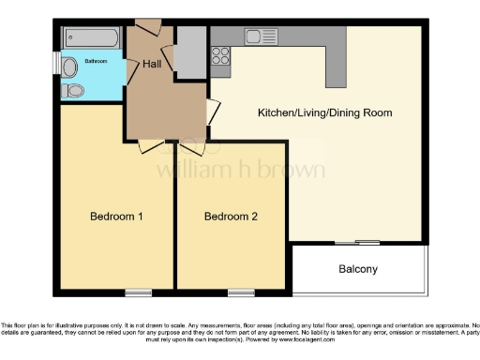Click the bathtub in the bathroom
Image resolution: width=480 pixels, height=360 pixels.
(90, 38)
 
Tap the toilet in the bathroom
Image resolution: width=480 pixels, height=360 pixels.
(74, 91)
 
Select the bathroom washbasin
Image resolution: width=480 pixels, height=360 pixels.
(70, 67)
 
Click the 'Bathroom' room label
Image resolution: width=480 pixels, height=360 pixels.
(97, 61)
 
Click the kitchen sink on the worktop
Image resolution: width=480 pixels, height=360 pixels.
(256, 37)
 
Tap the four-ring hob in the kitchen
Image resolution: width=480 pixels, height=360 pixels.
(220, 61)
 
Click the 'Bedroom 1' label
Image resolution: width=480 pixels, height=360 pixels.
(115, 217)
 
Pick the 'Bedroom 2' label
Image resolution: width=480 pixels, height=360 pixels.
(231, 217)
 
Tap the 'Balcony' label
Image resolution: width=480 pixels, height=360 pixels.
(358, 269)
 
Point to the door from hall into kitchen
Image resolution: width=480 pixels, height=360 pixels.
(214, 112)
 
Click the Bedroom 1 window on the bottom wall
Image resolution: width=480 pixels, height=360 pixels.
(138, 292)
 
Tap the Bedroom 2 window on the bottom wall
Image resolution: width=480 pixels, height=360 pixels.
(240, 292)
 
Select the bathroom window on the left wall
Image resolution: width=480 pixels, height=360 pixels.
(55, 67)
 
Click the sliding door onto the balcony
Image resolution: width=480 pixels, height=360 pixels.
(356, 243)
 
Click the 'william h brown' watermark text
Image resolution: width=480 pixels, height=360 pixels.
(239, 170)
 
